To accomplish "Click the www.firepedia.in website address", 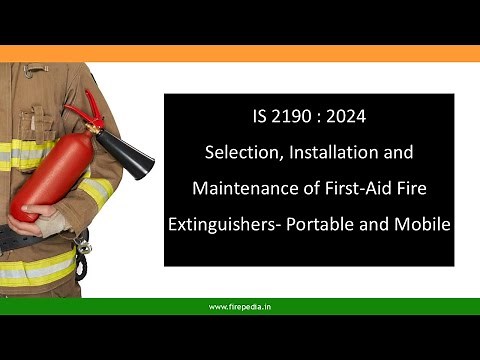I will coord(240,307).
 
